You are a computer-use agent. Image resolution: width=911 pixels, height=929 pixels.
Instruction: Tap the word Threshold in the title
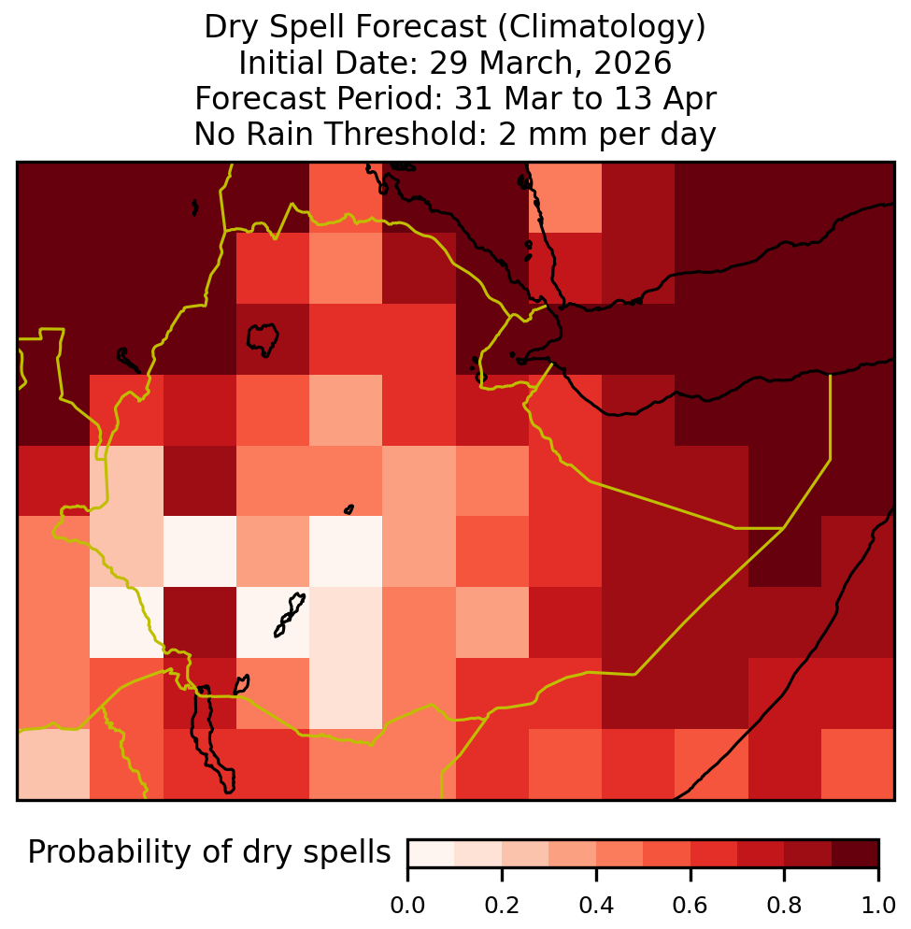pos(403,134)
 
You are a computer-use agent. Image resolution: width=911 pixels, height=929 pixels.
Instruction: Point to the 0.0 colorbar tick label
pos(407,906)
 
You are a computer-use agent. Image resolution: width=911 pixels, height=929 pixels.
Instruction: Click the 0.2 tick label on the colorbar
pos(502,906)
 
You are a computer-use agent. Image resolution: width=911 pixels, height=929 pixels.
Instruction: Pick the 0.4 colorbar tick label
pos(596,906)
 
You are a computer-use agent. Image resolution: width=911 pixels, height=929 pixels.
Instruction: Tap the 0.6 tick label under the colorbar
pos(690,906)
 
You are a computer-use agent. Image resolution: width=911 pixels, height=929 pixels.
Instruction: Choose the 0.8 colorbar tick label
pos(784,906)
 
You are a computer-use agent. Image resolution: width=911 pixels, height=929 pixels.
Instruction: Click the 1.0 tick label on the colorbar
pos(877,906)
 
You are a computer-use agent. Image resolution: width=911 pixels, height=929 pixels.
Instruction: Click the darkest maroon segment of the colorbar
pos(855,853)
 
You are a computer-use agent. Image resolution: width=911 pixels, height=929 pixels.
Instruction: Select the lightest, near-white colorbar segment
pos(432,853)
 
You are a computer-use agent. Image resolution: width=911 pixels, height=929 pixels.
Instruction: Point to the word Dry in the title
pos(227,27)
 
